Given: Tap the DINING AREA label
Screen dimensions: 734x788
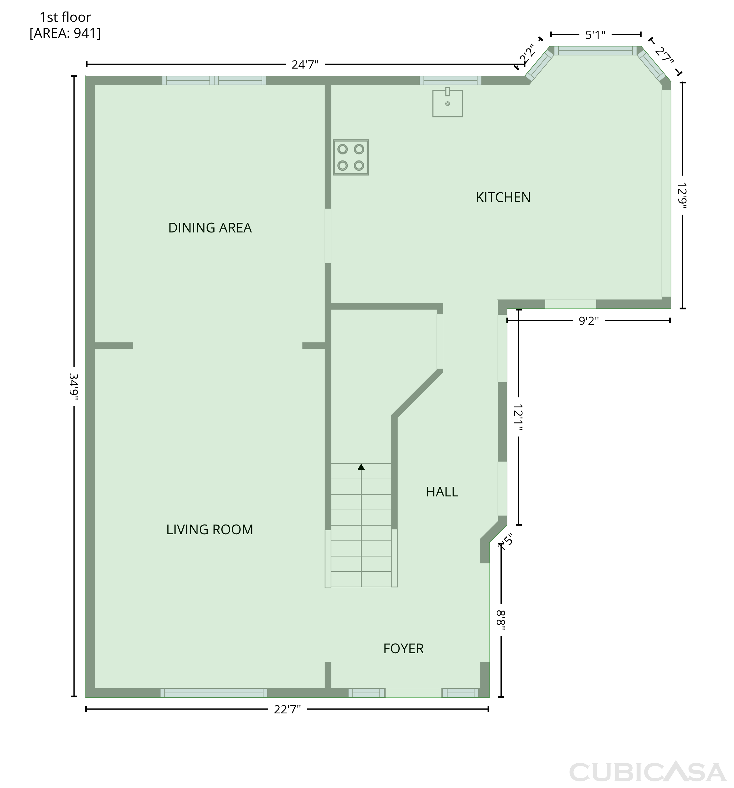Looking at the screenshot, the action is tap(210, 228).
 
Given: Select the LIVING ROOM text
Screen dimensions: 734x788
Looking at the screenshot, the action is tap(209, 530).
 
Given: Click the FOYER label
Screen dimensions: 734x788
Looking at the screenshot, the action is tap(403, 649).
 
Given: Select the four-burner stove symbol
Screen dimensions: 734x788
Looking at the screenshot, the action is tap(351, 157).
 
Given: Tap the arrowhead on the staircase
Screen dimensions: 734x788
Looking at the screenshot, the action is tap(361, 467).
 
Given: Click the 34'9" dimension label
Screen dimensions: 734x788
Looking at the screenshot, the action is tap(73, 386).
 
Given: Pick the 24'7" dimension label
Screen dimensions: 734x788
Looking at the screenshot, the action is tap(305, 64).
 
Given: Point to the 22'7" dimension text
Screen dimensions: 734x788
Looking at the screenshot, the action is tap(287, 709).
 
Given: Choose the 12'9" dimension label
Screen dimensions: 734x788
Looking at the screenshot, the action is tap(682, 195).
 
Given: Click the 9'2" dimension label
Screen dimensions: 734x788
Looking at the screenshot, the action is tap(588, 321).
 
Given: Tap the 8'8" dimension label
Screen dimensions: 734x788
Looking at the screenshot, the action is tap(501, 620).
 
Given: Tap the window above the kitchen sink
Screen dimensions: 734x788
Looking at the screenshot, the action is tap(450, 80).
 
